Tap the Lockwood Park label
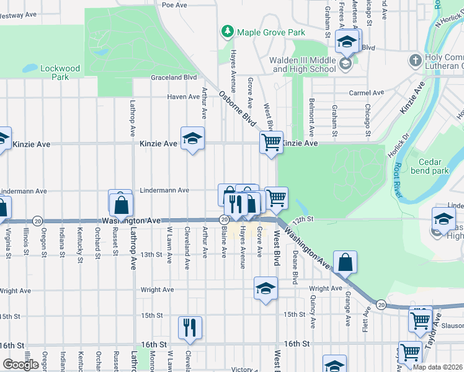point(60,73)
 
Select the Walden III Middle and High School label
point(302,64)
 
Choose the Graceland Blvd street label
point(174,77)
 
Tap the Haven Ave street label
point(183,97)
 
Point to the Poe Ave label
point(174,4)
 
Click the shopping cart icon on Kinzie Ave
point(271,142)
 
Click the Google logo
point(20,365)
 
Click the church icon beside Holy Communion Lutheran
point(416,61)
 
